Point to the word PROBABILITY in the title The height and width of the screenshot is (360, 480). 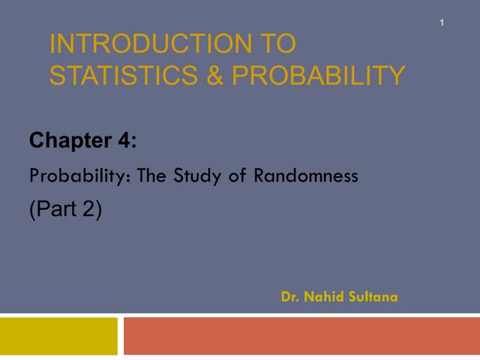click(318, 75)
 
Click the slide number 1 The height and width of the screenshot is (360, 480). click(442, 23)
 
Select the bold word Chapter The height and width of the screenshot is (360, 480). click(72, 140)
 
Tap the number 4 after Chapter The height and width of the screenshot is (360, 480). click(124, 140)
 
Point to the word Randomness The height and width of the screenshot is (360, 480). click(307, 177)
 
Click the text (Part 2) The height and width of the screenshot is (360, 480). click(65, 210)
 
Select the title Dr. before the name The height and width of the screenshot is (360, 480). click(291, 297)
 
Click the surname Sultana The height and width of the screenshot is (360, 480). click(373, 297)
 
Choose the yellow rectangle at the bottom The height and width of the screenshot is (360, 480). click(58, 335)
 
